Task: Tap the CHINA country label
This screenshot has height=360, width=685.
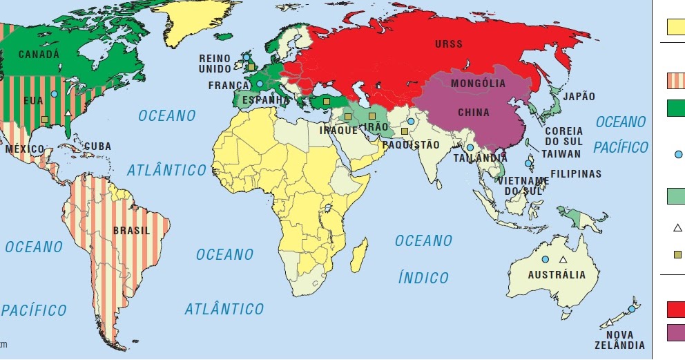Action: point(474,113)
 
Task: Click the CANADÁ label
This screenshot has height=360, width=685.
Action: point(39,54)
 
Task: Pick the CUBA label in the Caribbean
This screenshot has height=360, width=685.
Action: point(97,147)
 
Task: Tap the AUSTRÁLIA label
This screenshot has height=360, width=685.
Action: point(557,274)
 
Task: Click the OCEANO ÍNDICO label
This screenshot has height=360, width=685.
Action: point(423,259)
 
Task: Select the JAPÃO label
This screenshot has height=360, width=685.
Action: point(579,97)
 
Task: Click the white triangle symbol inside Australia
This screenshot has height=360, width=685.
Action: point(563,260)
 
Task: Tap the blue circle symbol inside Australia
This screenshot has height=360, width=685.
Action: point(545,259)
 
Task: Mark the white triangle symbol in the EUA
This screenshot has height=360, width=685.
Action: point(67,113)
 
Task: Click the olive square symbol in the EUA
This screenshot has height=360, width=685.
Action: point(45,120)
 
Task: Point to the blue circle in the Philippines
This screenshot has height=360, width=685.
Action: point(529,164)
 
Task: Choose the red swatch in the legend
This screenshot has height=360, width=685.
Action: point(675,308)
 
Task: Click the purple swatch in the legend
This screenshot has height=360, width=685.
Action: point(675,333)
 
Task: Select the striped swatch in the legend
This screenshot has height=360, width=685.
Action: point(675,81)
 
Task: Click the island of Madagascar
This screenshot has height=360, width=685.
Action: point(359,254)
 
